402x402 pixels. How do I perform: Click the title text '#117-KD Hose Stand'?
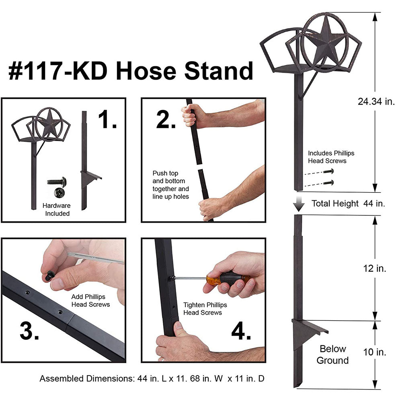pos(131,72)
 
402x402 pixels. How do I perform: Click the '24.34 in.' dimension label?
pos(376,101)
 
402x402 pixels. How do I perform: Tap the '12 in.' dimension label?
pos(375,269)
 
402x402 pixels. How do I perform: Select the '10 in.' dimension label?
pos(375,352)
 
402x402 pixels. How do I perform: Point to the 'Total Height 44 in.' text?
pos(348,203)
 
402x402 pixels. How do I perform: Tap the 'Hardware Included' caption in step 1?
pos(57,209)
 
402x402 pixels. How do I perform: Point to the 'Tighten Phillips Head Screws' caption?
pos(205,309)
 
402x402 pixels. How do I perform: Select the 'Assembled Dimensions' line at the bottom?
pos(152,379)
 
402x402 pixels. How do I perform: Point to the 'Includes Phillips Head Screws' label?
pos(331,157)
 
